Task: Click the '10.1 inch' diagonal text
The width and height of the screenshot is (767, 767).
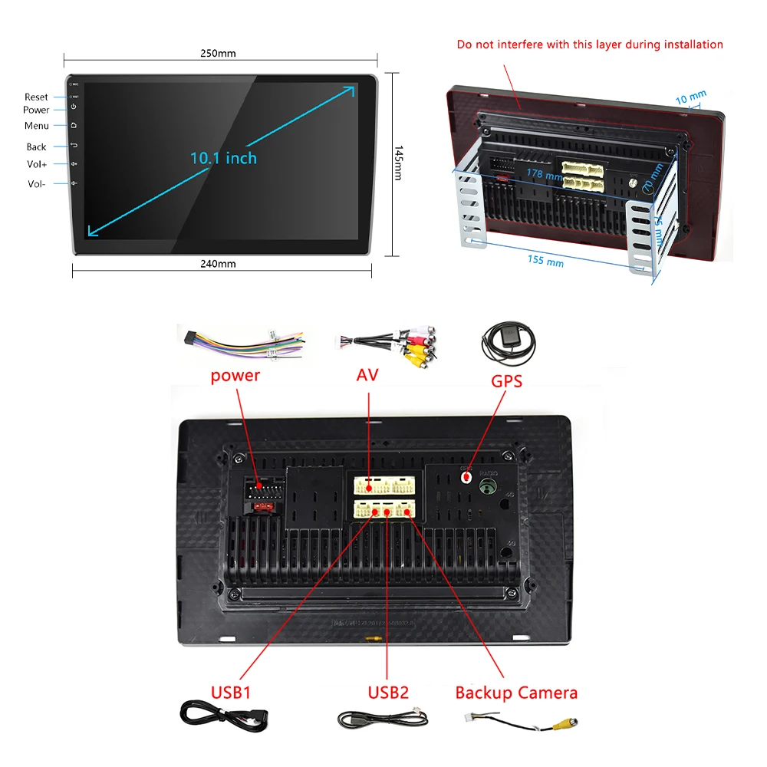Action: click(223, 159)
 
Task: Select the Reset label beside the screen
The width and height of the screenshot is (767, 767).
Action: click(36, 97)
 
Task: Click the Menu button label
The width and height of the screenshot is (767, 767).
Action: click(36, 126)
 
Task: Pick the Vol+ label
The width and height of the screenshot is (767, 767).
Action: click(37, 164)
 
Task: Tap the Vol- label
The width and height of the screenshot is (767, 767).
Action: click(37, 184)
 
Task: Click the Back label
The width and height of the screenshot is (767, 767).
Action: click(37, 146)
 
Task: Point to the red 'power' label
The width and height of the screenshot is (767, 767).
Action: click(235, 376)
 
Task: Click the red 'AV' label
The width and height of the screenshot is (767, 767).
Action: click(368, 376)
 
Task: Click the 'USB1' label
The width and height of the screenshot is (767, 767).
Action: click(231, 693)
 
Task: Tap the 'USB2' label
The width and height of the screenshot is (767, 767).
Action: click(388, 693)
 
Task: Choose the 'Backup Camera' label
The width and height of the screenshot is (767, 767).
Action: click(516, 693)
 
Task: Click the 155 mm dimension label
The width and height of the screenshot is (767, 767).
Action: click(545, 261)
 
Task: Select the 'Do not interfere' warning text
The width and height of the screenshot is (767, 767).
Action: click(590, 44)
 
